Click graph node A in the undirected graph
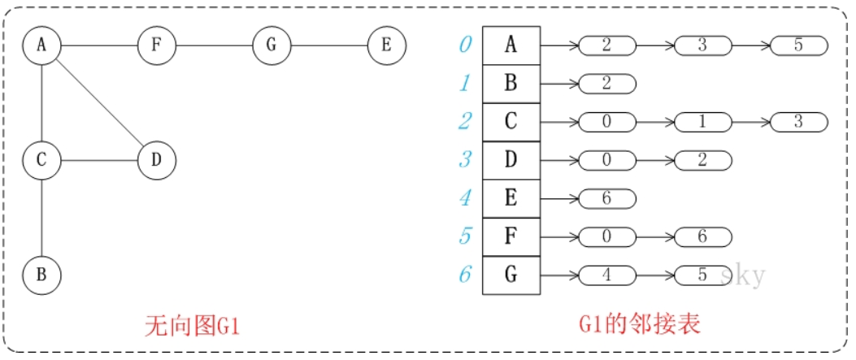coord(41,45)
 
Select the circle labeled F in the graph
coord(157,45)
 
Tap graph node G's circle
coord(272,45)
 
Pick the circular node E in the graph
coord(387,45)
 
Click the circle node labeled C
coord(41,160)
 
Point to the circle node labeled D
coord(157,160)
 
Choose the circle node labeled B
coord(41,275)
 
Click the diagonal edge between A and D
coord(99,102)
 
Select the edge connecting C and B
coord(41,218)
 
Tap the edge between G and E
coord(329,45)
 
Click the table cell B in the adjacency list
coord(511,83)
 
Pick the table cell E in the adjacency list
coord(511,197)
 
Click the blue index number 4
coord(465,197)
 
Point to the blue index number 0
coord(465,45)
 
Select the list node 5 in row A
coord(798,45)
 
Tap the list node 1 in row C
coord(702,122)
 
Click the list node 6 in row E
coord(606,197)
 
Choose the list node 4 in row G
coord(606,275)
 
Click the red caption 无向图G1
coord(193,327)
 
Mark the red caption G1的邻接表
coord(640,327)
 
